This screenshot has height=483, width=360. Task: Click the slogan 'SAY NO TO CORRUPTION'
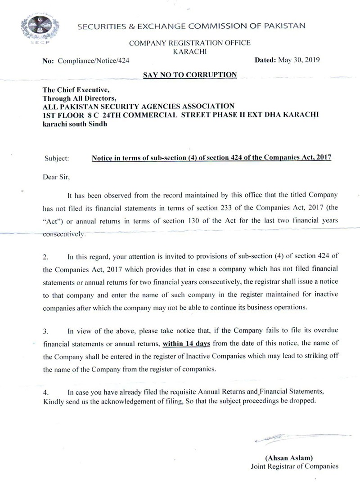click(189, 75)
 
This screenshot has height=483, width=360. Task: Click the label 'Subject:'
click(57, 159)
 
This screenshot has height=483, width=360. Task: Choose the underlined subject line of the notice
click(211, 158)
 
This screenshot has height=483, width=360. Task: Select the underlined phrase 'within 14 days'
click(184, 344)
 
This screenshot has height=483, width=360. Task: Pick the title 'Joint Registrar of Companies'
click(294, 466)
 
